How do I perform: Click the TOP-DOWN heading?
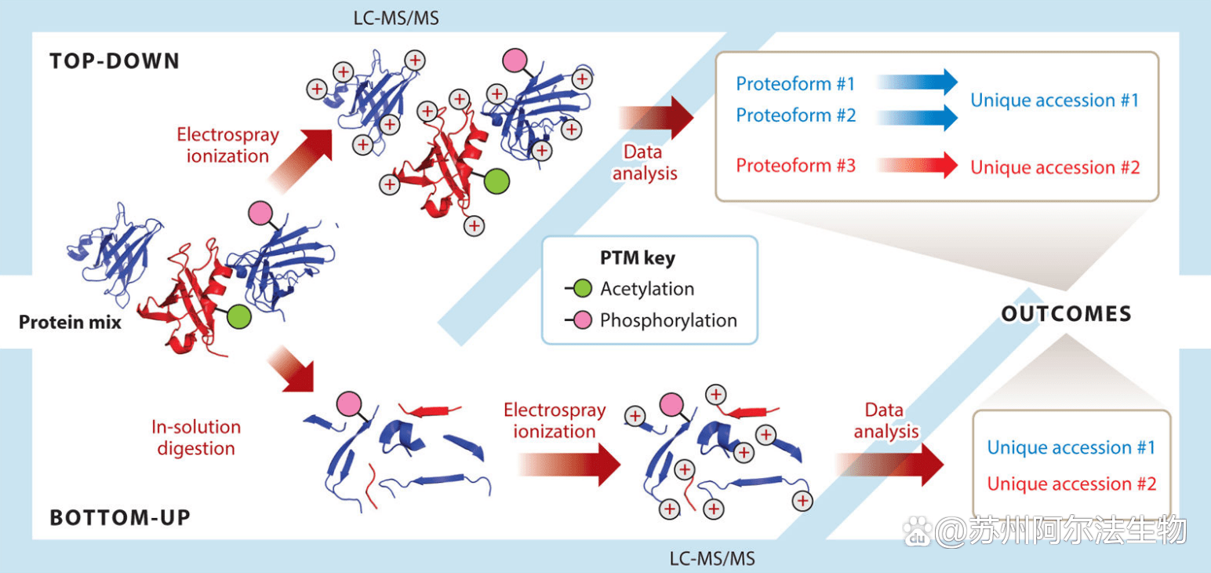click(x=115, y=61)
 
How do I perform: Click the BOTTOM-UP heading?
click(x=120, y=518)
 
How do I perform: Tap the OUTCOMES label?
click(x=1067, y=314)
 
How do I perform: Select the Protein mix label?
click(x=70, y=322)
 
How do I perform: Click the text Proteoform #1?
click(x=795, y=83)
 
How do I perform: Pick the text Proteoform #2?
click(x=795, y=115)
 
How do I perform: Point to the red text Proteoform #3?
click(x=795, y=166)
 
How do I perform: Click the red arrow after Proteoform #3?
click(x=918, y=166)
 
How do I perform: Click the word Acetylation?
click(x=647, y=289)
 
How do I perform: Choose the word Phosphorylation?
click(x=668, y=320)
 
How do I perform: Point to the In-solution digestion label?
click(x=196, y=438)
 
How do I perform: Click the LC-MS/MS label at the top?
click(x=395, y=17)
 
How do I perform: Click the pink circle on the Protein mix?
click(x=260, y=213)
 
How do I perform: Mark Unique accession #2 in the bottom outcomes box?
click(x=1071, y=484)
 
